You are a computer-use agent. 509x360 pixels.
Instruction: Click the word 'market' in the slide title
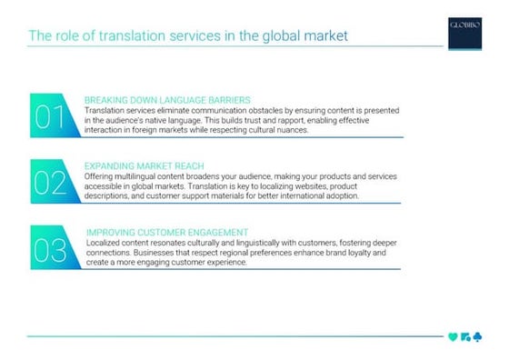(x=321, y=37)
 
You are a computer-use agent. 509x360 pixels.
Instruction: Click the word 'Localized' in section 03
(x=105, y=243)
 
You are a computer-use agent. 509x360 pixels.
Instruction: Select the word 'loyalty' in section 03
(x=362, y=253)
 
